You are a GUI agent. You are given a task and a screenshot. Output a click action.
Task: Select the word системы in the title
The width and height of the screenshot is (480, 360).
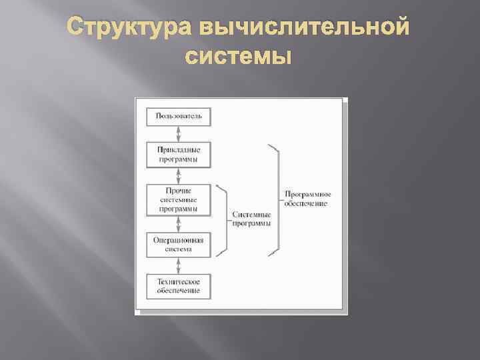[239, 58]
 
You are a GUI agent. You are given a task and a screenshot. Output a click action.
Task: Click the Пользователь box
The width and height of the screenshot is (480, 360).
[178, 116]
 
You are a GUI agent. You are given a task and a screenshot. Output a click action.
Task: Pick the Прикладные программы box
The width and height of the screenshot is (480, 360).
[178, 154]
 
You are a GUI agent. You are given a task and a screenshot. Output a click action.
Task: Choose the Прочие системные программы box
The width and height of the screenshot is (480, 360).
[178, 199]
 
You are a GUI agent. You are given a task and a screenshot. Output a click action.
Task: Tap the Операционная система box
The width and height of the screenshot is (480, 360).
[178, 244]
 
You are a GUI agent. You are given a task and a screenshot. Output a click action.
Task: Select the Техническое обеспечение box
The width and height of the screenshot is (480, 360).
[178, 287]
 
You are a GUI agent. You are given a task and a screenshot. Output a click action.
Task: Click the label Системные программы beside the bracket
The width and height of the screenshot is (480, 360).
[252, 219]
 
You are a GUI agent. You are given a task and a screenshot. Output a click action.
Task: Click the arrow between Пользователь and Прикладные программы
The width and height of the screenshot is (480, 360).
[178, 133]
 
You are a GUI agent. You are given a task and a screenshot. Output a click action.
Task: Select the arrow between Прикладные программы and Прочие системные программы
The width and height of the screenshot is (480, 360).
[178, 176]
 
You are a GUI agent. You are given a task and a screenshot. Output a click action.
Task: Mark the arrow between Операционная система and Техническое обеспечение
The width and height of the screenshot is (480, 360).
[178, 265]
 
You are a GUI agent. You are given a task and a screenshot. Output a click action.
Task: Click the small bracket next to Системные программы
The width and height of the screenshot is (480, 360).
[222, 220]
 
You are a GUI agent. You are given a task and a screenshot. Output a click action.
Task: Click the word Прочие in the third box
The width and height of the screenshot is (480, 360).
[178, 191]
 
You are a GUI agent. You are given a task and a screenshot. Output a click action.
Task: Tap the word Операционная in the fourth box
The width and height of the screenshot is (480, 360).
[178, 240]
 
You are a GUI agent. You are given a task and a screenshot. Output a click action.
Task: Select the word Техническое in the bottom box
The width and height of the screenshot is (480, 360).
[178, 283]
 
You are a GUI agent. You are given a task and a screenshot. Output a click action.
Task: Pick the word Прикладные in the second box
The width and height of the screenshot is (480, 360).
[178, 150]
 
